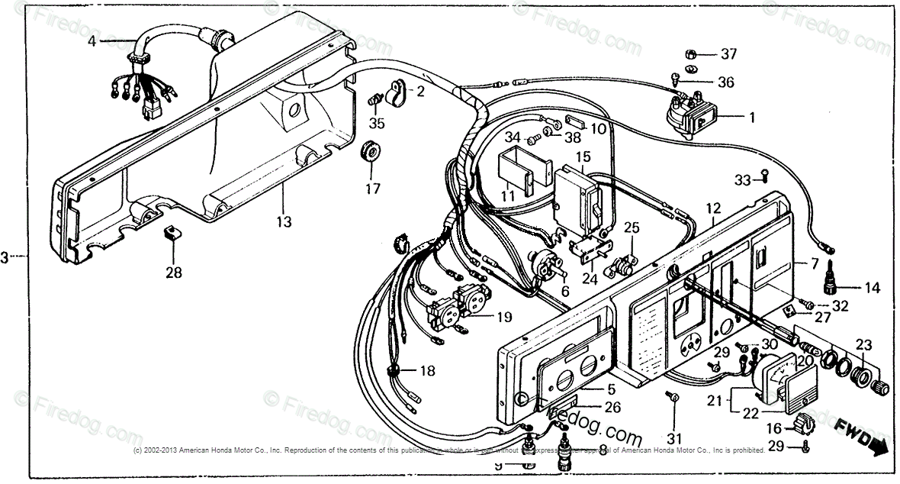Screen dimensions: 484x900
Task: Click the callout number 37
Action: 729,54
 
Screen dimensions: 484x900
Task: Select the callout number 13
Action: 284,221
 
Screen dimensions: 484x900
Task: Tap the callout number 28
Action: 174,272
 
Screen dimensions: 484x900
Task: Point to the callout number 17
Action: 371,189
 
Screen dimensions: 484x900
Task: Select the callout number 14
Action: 872,289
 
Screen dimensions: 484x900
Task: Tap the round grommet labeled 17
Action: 371,150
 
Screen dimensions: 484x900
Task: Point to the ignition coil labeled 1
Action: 691,115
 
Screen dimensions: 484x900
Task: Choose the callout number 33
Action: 743,179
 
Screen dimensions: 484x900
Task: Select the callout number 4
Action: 92,42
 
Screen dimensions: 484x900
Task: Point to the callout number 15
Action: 583,157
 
